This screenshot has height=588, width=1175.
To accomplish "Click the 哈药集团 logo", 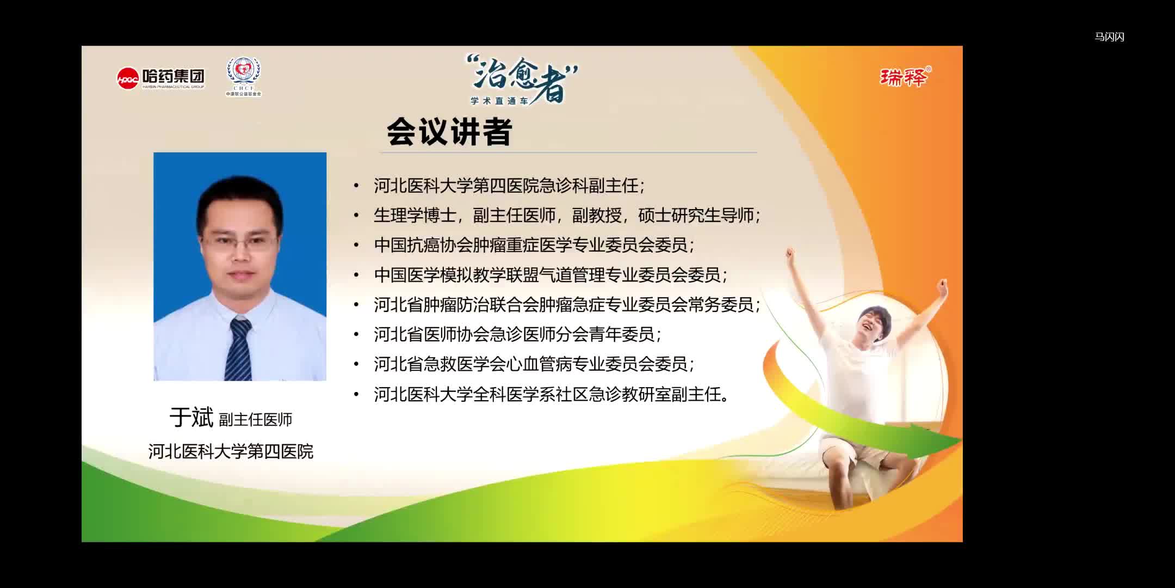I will [161, 78].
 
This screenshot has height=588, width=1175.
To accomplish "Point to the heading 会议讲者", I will [449, 132].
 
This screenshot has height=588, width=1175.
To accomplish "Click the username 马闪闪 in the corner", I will [1109, 37].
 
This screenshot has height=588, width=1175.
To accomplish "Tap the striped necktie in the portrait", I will [238, 348].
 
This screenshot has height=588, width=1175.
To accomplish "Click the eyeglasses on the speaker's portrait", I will [239, 242].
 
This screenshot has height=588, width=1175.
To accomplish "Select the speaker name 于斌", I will [191, 418].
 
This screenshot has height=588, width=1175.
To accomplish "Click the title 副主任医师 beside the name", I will [256, 419].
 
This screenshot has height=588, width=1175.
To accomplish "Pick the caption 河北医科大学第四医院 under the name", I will [231, 451].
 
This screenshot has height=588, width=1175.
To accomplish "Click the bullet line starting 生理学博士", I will [566, 216].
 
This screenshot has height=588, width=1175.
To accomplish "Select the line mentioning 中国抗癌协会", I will [533, 245].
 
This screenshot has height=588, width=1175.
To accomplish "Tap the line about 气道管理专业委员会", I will [549, 275].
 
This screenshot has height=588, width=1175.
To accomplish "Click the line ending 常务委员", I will [566, 304].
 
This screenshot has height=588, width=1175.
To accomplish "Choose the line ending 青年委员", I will [517, 334].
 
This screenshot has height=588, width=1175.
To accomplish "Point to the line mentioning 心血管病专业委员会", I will [533, 364].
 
